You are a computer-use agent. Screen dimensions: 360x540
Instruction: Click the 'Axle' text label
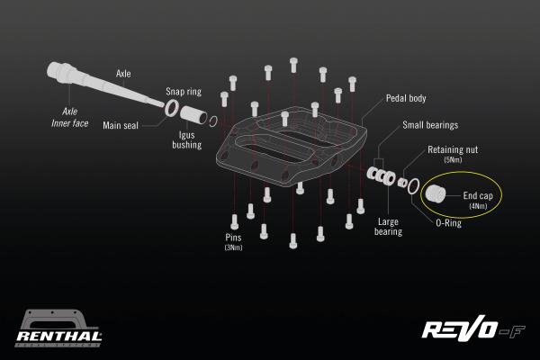coord(124,74)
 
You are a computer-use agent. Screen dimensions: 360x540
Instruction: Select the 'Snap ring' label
coord(183,92)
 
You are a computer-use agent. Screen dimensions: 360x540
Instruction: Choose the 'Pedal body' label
coord(405,99)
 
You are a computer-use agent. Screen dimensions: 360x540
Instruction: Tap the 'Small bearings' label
coord(430,127)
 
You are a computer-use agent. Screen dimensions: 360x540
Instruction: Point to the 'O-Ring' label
coord(447,223)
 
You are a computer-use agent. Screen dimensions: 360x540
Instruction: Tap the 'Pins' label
coord(233,238)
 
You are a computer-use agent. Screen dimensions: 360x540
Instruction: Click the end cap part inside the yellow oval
coord(436,193)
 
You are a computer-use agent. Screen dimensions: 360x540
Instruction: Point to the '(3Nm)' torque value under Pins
coord(233,247)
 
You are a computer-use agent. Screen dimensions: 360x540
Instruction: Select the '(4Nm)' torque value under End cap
coord(476,206)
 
